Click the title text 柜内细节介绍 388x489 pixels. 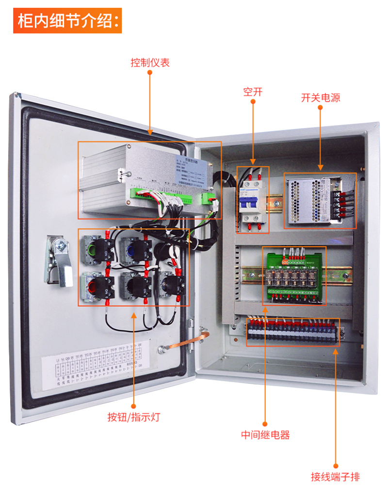pyautogui.click(x=67, y=22)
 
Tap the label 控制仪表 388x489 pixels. pyautogui.click(x=150, y=63)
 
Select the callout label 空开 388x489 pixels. pyautogui.click(x=253, y=91)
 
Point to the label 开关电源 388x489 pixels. pyautogui.click(x=321, y=97)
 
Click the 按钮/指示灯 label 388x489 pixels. pyautogui.click(x=133, y=417)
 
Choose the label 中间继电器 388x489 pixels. pyautogui.click(x=265, y=435)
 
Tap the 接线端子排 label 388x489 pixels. pyautogui.click(x=336, y=477)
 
